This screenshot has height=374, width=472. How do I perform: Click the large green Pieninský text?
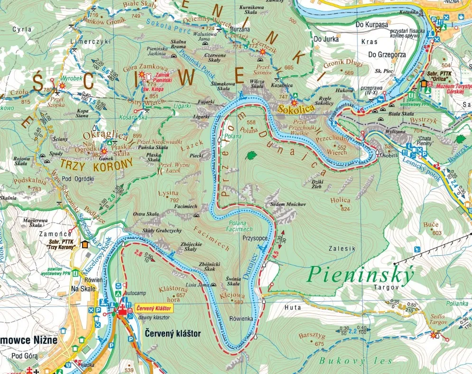point(361,274)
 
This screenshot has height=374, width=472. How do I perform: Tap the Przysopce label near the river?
point(255,238)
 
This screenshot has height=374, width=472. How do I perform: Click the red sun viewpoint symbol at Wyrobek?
point(62,86)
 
